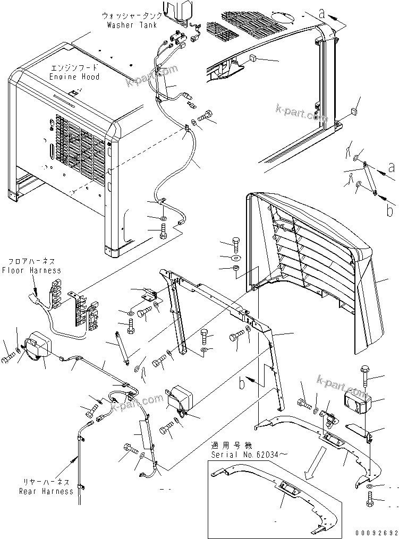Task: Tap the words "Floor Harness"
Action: pyautogui.click(x=31, y=270)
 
